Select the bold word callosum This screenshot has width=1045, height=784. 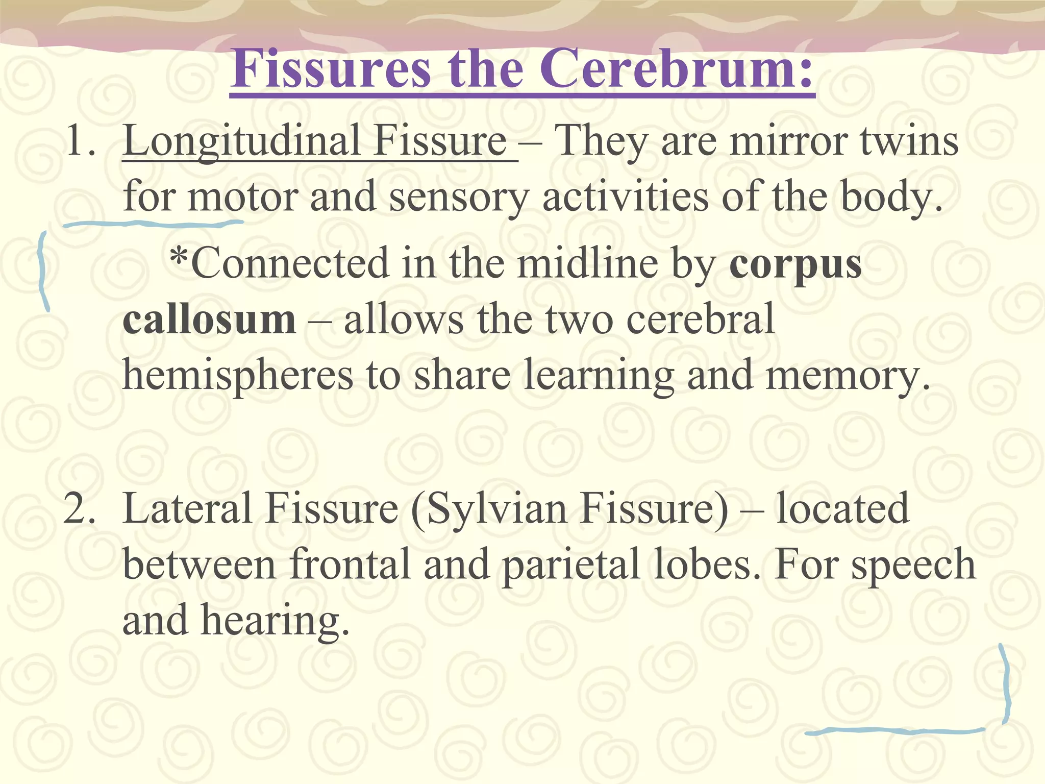pos(209,320)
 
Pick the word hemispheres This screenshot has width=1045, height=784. pos(238,376)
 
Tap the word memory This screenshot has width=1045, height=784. pos(848,376)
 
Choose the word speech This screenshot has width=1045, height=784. pos(913,566)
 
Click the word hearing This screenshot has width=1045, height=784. pos(276,622)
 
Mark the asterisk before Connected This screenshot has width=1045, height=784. pos(179,255)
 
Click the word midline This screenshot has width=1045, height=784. pos(587,264)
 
